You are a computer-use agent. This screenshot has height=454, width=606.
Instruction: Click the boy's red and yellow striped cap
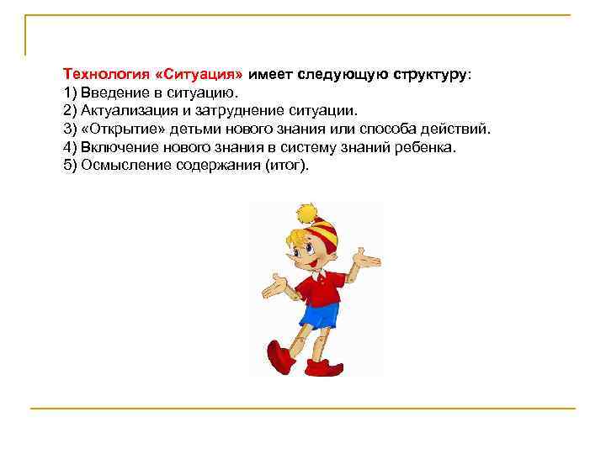325,229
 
